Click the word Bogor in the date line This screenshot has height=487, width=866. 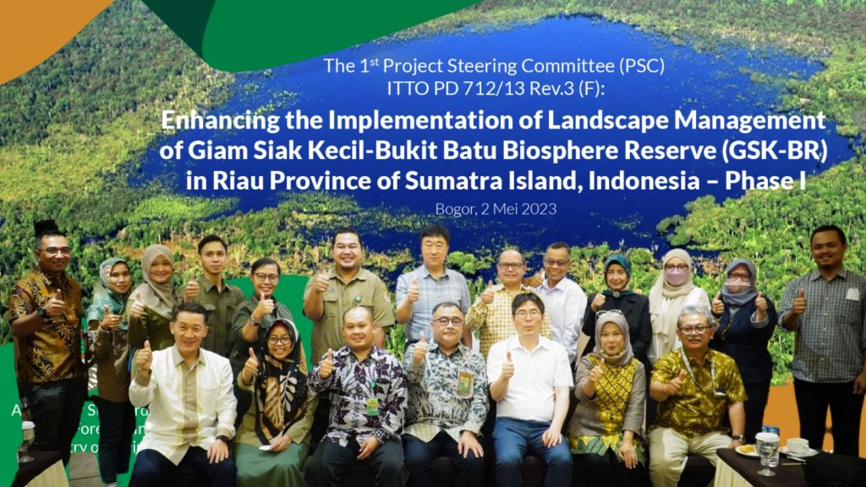pos(450,206)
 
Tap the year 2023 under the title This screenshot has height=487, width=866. pos(538,206)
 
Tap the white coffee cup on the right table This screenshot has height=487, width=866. pos(797,446)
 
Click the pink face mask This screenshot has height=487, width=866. pos(676,276)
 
